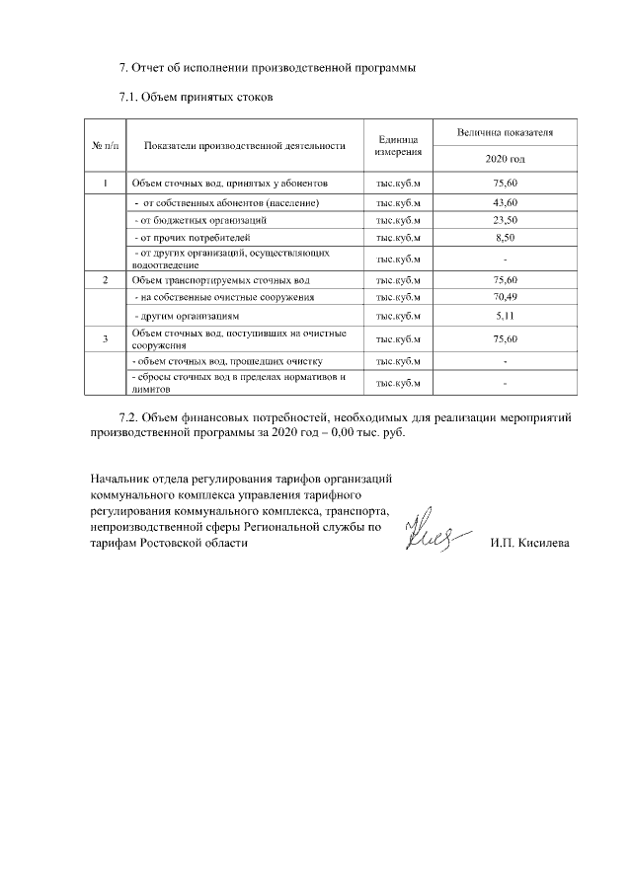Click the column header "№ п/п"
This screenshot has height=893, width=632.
click(105, 146)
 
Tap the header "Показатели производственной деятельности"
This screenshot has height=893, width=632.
click(244, 146)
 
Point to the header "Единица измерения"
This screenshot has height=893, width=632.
click(398, 146)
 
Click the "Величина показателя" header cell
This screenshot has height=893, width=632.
click(505, 132)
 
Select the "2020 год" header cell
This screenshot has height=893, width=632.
click(505, 159)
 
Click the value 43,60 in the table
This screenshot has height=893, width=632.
click(505, 202)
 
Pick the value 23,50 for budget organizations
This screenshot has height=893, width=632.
click(505, 220)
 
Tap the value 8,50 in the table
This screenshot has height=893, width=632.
click(505, 238)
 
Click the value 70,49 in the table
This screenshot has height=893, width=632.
click(505, 297)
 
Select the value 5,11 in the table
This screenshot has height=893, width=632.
click(505, 316)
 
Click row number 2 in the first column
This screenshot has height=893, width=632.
click(105, 280)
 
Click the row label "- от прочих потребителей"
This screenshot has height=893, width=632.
click(186, 238)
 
